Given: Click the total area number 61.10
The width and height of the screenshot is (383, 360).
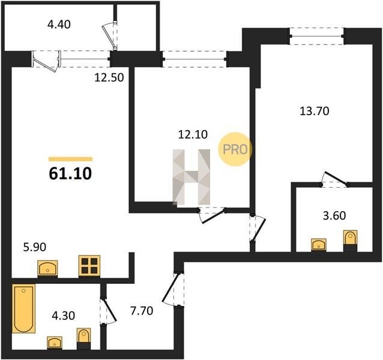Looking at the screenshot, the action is coord(70,173).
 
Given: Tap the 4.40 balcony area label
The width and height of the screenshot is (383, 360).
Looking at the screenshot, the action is coord(59,25).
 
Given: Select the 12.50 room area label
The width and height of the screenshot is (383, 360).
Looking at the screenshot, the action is coord(109,77).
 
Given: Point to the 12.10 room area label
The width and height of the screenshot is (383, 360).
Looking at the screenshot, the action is coord(193,134).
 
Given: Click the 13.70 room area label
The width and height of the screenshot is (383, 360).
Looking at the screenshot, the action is coord(315,111).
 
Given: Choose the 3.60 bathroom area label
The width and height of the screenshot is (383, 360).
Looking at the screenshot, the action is coord(334,216).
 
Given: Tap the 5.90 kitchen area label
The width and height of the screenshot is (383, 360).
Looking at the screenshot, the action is coord(34,247).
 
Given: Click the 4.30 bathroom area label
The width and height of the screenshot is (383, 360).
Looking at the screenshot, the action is coord(63,316).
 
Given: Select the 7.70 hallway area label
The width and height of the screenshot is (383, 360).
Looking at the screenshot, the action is coord(142,311).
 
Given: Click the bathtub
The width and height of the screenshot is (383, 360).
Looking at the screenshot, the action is coord(23,308).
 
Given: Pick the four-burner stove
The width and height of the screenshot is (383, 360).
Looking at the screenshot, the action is coord(89,266).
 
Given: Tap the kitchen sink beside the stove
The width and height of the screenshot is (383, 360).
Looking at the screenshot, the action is coord(47,269).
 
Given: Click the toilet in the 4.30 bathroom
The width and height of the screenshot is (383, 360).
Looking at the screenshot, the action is coord(84,338).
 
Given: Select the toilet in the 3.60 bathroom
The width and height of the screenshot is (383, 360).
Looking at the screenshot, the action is coord(350,241).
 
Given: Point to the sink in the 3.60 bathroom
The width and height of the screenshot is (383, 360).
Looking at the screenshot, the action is coord(319,245).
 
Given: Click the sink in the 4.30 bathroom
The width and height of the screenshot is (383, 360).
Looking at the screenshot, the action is coord(55,343).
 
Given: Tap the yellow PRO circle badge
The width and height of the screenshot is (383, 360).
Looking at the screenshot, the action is coord(235,149).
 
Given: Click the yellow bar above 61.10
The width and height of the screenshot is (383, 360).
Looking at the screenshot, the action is coord(70,160).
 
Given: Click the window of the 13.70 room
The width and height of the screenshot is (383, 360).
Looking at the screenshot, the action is coord(317,37).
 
